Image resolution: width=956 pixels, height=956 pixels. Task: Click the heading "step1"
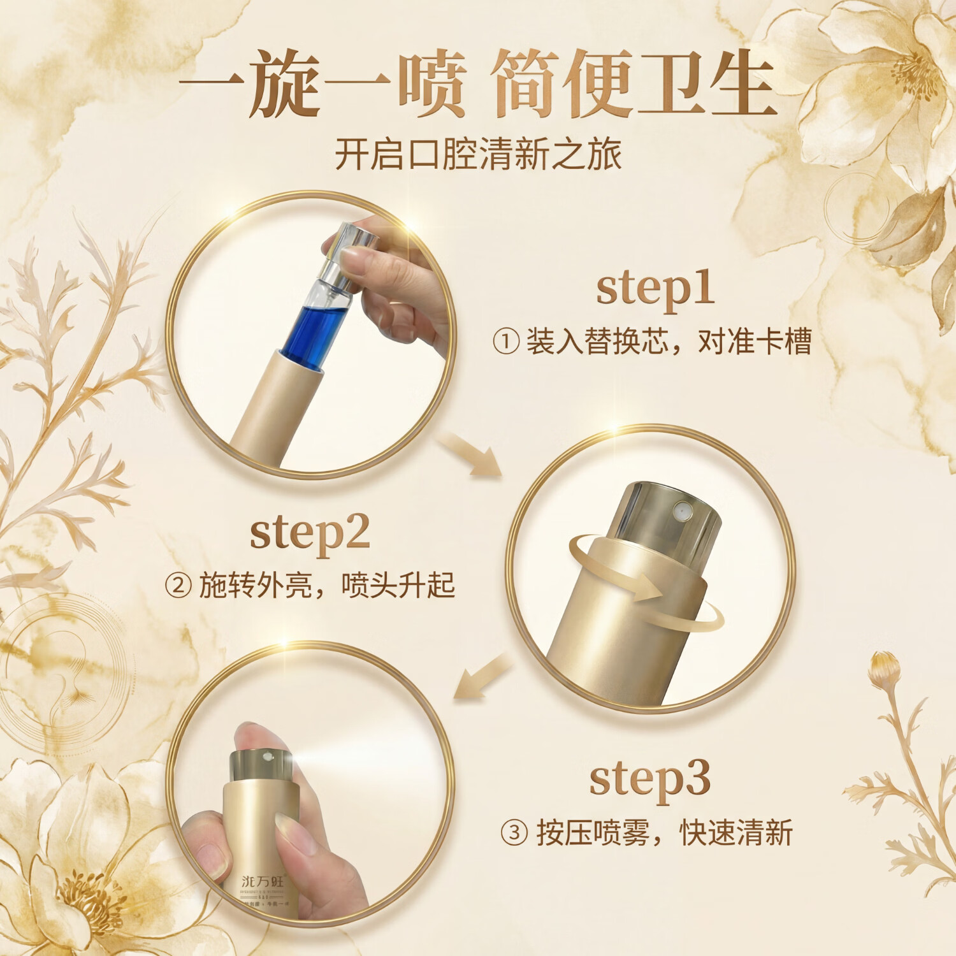(655, 290)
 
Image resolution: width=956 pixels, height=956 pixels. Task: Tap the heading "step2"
(310, 533)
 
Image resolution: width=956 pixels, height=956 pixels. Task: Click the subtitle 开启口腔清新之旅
(478, 154)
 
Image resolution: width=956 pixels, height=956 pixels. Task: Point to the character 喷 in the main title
(432, 84)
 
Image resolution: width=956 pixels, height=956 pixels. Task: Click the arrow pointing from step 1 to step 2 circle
(470, 454)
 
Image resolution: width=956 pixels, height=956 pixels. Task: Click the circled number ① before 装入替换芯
(506, 342)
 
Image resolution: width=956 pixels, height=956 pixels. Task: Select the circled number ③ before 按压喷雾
(514, 833)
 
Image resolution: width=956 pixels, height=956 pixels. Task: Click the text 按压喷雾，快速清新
(663, 833)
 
